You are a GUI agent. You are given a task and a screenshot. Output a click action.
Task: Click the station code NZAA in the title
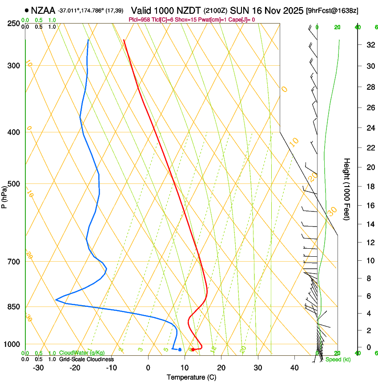(44, 10)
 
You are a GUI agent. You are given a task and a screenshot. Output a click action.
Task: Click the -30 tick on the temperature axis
(38, 368)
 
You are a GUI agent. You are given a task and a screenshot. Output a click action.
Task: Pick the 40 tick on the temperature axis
(294, 368)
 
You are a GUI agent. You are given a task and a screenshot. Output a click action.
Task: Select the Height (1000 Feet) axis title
(347, 189)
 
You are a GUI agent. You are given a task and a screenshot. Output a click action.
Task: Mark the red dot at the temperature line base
(193, 350)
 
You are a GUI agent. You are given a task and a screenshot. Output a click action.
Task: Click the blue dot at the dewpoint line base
(180, 350)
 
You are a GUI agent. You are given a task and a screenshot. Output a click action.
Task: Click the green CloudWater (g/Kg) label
(76, 353)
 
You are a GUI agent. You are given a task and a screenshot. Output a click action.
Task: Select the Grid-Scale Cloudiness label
(86, 359)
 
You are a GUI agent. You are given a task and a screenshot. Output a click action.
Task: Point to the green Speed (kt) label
(338, 359)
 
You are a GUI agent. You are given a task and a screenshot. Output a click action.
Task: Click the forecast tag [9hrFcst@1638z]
(333, 10)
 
